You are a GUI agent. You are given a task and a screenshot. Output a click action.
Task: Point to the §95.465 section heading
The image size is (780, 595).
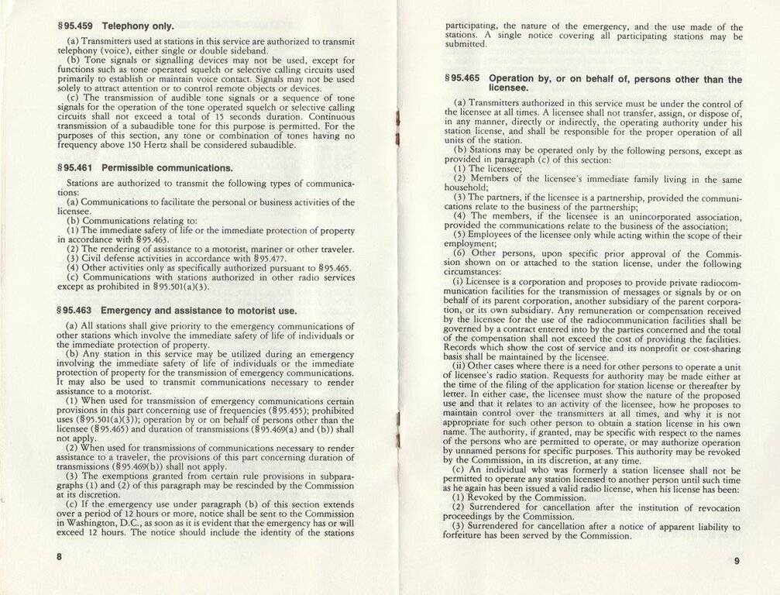click(x=593, y=84)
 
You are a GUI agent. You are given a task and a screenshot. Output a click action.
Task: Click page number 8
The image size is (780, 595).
click(x=58, y=557)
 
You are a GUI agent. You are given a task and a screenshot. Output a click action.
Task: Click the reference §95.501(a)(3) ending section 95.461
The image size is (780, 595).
click(x=183, y=287)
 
